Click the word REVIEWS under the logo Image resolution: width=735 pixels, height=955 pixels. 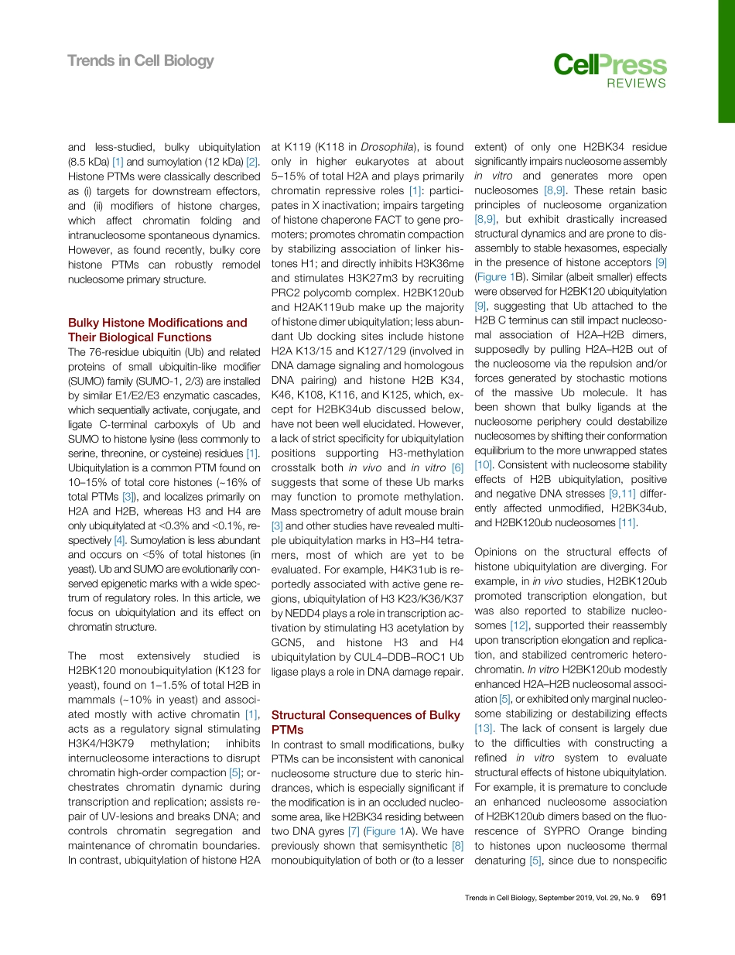click(x=635, y=84)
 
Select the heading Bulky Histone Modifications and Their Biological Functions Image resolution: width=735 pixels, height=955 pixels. click(x=158, y=330)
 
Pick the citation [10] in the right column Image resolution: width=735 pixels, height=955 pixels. click(x=483, y=465)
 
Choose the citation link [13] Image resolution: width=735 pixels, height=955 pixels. click(x=483, y=728)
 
